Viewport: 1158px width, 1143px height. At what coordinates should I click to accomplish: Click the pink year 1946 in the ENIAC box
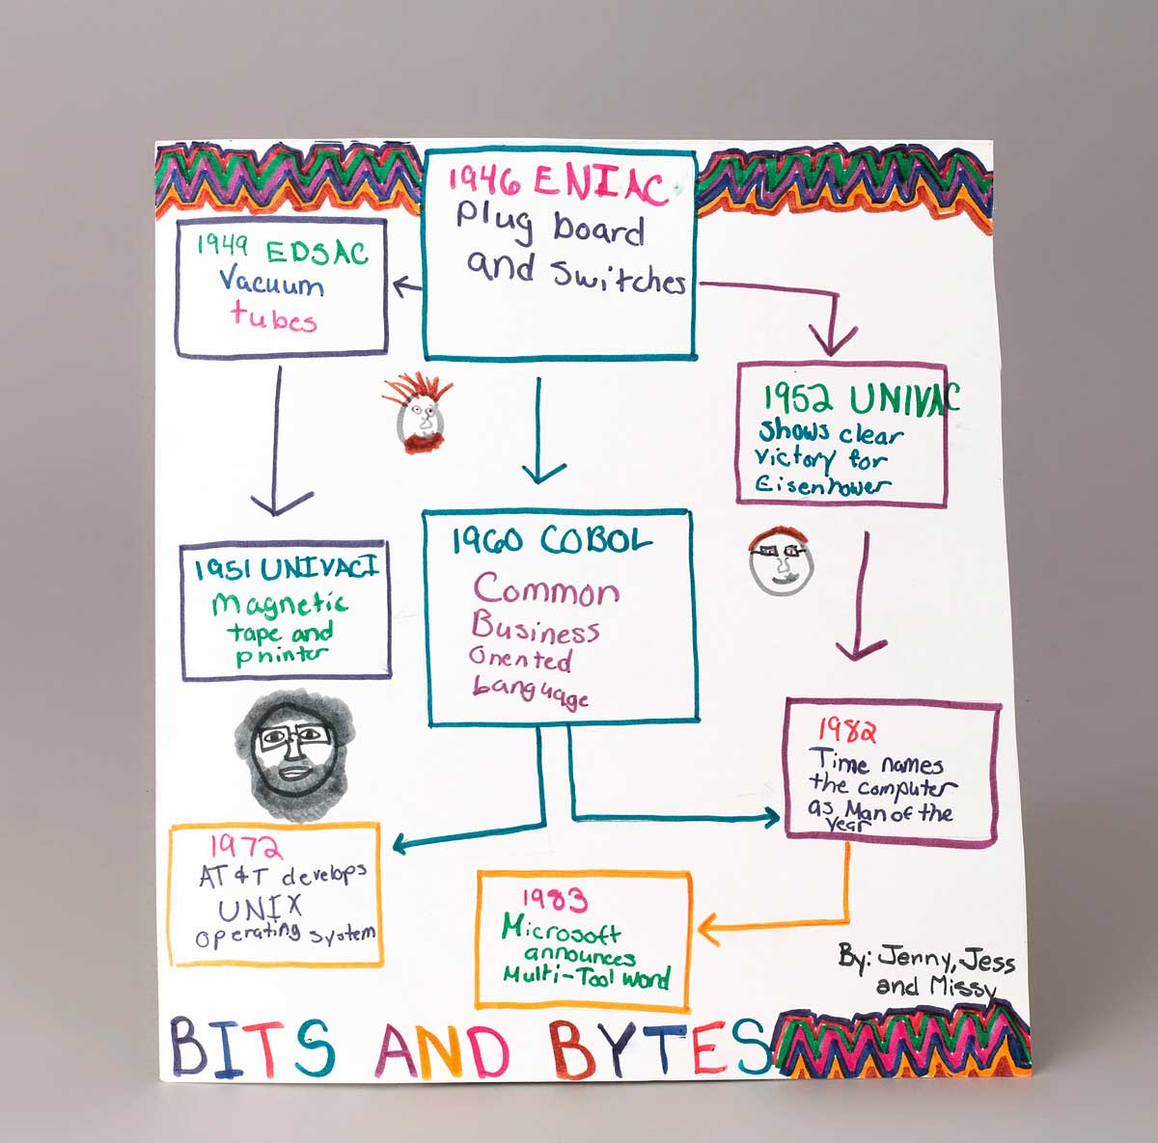click(x=485, y=179)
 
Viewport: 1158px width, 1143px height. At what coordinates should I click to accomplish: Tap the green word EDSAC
click(x=317, y=253)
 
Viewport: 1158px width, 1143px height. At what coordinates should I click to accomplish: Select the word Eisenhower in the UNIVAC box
click(x=819, y=485)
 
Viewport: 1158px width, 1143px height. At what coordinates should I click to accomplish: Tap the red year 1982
click(x=846, y=730)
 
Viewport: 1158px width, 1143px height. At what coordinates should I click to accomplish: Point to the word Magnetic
click(x=280, y=605)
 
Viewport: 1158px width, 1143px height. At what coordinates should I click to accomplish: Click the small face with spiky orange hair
click(x=421, y=416)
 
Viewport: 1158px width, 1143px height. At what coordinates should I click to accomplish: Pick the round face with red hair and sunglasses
click(x=782, y=559)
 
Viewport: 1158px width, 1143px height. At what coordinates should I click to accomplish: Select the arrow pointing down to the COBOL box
click(x=540, y=434)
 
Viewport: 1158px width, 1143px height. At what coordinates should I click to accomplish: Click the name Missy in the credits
click(x=959, y=987)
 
